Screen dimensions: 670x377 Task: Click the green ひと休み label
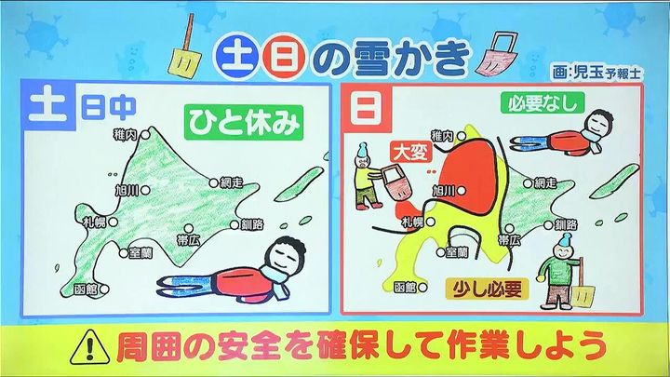pos(244,123)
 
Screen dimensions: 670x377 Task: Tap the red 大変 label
pos(411,152)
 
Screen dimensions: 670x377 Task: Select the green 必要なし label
pos(543,102)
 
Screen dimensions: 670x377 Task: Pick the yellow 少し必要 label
pos(488,289)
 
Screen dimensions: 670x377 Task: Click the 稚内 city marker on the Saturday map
pos(145,135)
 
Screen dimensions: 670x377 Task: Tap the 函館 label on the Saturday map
pos(86,289)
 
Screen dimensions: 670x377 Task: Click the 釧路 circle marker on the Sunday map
pos(549,224)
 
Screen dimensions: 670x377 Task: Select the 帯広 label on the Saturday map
pos(188,240)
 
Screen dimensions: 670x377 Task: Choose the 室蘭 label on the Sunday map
pos(457,252)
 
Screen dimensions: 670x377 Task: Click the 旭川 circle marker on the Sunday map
pos(461,191)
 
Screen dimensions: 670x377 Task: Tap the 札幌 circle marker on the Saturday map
pos(113,222)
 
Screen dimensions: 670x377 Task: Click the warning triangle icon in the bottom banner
pos(89,347)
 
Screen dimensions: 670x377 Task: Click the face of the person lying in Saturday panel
pos(283,256)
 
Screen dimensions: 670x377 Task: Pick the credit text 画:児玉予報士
pos(596,73)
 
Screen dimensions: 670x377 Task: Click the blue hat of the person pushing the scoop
pos(362,149)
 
